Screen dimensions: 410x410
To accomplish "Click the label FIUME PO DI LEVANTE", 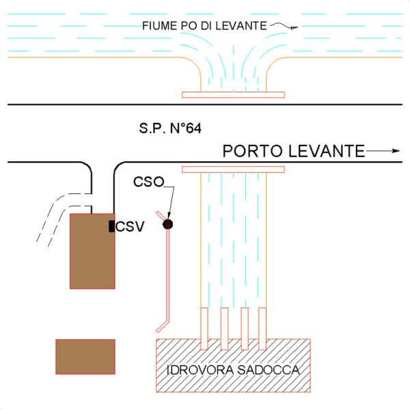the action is (x=204, y=26).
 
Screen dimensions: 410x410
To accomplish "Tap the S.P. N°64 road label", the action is (x=170, y=128).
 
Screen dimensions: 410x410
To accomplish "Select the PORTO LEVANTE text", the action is (x=294, y=151).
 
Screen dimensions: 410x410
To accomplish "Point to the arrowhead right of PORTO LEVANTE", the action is (x=396, y=151).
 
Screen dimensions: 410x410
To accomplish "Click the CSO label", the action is (x=149, y=182).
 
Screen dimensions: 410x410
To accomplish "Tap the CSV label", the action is (x=130, y=226).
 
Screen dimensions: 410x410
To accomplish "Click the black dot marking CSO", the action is (x=167, y=224).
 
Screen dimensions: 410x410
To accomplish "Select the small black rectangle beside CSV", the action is (x=111, y=226).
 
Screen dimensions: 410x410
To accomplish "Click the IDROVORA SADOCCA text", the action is (x=233, y=370).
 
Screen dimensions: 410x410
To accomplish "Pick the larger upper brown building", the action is (x=92, y=251).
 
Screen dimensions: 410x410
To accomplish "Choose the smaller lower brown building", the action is (x=85, y=357).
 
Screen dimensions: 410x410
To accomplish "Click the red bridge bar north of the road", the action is (x=233, y=95).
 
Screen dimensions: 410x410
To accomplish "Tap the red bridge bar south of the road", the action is (x=233, y=169).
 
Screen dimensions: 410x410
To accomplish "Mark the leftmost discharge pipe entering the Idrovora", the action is (x=204, y=329).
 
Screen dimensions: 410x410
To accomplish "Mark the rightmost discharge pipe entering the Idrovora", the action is (x=262, y=329).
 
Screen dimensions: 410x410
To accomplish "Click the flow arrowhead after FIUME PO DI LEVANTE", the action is (x=295, y=27).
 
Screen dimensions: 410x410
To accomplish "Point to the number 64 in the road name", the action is (x=193, y=128).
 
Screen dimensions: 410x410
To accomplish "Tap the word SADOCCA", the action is (x=269, y=370).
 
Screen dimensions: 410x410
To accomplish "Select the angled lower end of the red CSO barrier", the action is (x=163, y=326).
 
